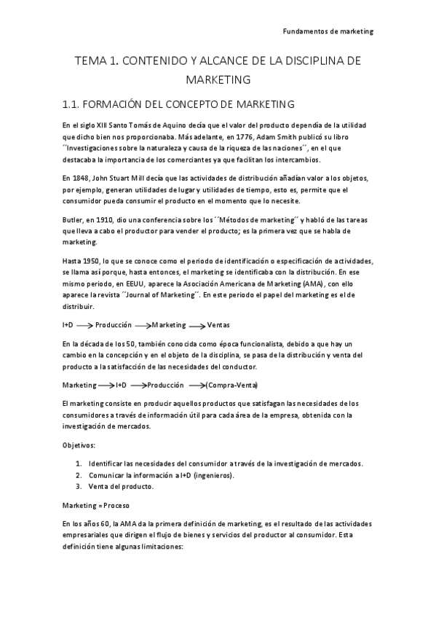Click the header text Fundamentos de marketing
click(327, 31)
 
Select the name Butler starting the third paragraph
click(74, 219)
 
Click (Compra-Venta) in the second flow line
click(232, 384)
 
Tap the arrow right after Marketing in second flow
click(106, 385)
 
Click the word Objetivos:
click(78, 444)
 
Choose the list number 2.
click(79, 475)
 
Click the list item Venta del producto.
click(121, 486)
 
